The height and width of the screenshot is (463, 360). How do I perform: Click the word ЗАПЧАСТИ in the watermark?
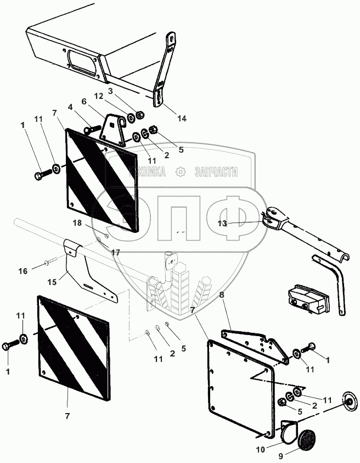coord(217,172)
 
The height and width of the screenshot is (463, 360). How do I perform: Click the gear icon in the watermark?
coord(179,172)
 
